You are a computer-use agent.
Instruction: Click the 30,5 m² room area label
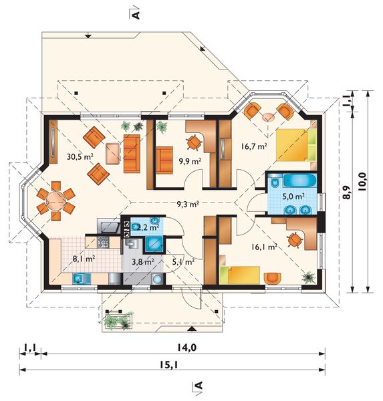80,156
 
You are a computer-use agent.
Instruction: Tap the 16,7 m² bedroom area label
254,146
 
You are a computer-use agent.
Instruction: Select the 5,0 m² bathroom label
293,196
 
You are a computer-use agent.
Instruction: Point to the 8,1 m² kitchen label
84,259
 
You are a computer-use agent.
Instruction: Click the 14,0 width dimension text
186,348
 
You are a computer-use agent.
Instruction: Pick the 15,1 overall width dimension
168,365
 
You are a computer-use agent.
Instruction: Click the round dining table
55,200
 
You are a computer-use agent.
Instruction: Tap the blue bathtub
299,180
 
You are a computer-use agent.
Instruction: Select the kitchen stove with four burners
102,242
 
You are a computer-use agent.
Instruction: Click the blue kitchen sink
82,279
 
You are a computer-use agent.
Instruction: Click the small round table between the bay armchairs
268,117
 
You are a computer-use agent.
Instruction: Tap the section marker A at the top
136,14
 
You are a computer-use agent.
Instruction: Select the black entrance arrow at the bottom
192,329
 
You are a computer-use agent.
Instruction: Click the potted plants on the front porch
119,320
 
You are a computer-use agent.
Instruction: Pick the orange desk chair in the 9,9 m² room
194,142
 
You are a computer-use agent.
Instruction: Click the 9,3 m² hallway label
188,204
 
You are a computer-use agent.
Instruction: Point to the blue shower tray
154,244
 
